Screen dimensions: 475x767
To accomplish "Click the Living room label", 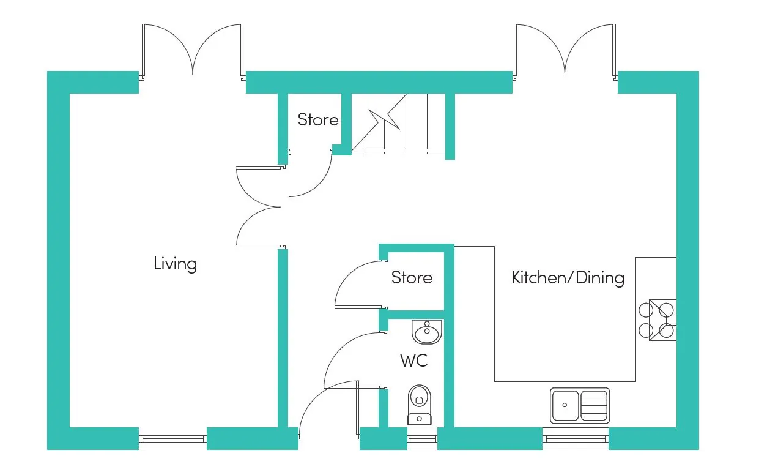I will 175,264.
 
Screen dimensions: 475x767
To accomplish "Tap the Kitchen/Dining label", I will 568,278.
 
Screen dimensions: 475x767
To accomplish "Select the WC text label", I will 414,361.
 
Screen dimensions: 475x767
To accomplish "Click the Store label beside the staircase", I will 317,119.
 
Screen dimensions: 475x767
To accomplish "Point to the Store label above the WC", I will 412,278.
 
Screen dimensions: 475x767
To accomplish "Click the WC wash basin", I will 427,332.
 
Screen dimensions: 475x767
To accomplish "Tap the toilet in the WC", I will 419,403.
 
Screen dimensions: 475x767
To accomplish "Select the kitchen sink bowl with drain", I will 565,405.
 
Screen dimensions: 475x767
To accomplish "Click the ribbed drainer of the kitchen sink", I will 594,405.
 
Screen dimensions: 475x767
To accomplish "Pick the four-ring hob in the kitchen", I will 658,320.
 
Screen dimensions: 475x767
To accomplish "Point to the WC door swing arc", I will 346,355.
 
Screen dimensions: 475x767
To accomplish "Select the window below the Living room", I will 172,438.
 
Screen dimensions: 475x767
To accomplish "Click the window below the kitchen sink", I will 575,438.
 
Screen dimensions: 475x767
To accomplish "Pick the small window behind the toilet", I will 422,438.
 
